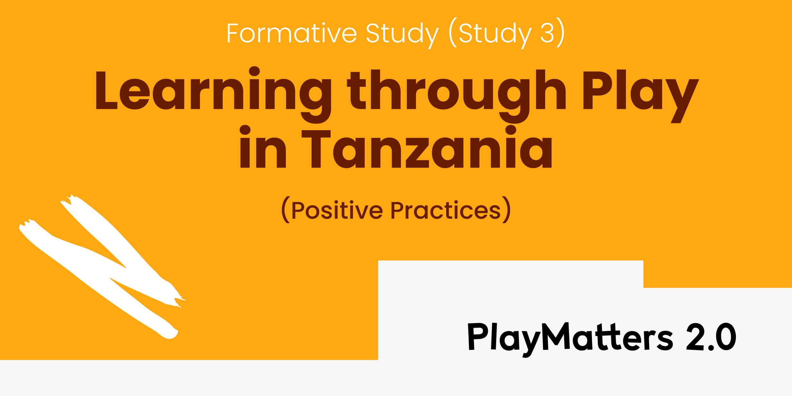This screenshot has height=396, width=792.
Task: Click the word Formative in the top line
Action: [292, 33]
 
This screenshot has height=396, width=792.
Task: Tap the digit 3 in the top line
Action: [547, 33]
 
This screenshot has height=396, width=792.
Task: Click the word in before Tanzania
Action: [263, 147]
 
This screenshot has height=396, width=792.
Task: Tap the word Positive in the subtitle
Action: [337, 210]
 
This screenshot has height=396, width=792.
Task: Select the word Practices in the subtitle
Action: [446, 210]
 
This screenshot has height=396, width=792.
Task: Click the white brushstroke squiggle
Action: [103, 266]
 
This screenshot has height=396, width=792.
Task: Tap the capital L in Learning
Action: [106, 90]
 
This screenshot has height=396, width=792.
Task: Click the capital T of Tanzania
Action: [316, 149]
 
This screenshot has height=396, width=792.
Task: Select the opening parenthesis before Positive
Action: [286, 210]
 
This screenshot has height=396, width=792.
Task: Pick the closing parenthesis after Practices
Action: [506, 210]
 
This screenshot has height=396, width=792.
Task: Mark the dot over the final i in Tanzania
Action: [511, 130]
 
